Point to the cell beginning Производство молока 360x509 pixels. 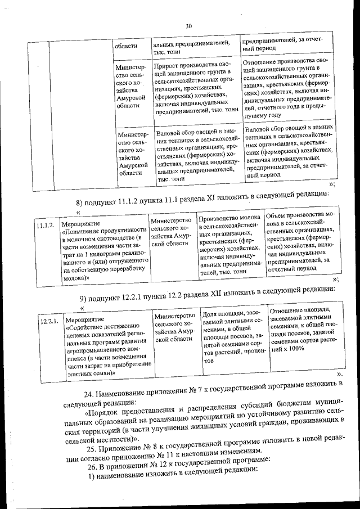click(230, 245)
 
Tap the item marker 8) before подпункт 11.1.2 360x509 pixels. click(80, 203)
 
